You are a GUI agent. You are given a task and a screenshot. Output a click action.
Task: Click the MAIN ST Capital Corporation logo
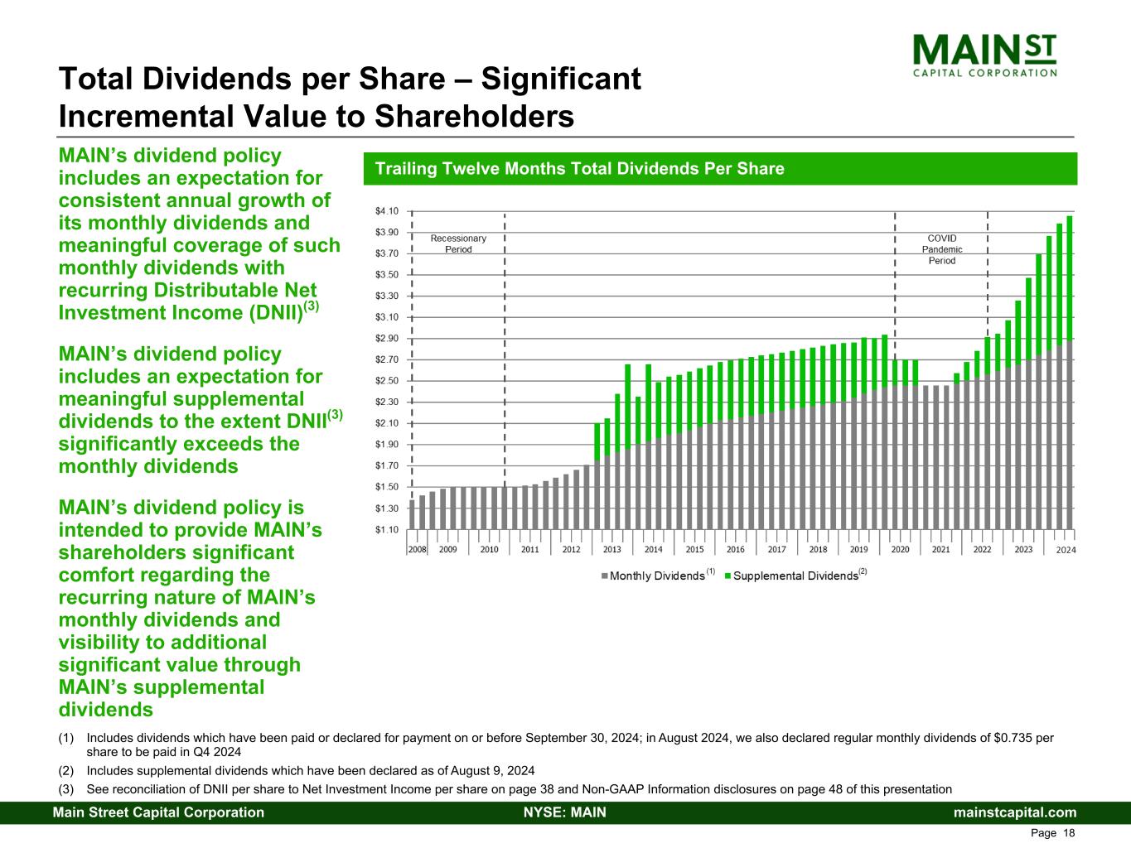click(984, 55)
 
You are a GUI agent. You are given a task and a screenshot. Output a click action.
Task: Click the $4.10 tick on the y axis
click(386, 211)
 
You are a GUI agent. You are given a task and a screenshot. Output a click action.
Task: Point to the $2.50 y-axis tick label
click(386, 381)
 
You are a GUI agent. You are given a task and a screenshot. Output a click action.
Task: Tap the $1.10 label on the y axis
click(386, 530)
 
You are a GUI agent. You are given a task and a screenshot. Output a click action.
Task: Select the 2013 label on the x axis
click(612, 549)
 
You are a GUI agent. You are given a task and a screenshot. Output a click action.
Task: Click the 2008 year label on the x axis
click(418, 549)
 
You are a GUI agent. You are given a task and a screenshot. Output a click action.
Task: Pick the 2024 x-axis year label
click(1066, 550)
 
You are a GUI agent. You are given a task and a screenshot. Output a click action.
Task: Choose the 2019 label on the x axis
click(859, 549)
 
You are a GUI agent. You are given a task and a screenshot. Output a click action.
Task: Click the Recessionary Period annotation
click(458, 244)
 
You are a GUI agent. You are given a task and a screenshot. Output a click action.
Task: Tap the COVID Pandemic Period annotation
click(942, 250)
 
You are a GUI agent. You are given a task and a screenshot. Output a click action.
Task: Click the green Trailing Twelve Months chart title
click(580, 168)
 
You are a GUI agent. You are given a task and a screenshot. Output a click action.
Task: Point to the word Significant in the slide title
click(561, 79)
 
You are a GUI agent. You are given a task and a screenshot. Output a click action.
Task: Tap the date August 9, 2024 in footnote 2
click(493, 771)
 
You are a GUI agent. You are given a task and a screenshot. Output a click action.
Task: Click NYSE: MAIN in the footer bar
click(565, 812)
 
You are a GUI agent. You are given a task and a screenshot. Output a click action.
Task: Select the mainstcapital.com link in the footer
click(1015, 812)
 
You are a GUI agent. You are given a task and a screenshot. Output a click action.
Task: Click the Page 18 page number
click(1052, 833)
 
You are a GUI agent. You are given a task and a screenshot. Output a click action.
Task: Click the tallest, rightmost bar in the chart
click(1069, 373)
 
